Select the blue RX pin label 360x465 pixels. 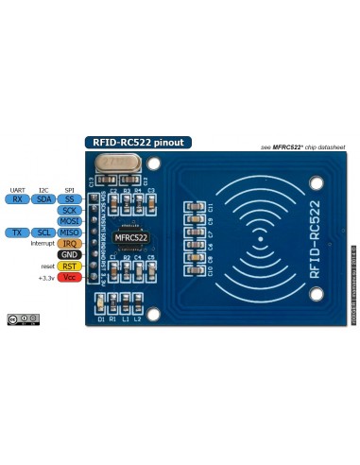17,199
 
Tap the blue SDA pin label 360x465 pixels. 43,199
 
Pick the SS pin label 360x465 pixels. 69,199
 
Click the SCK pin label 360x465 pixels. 69,210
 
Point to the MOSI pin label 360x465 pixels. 69,221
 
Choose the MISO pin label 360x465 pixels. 69,232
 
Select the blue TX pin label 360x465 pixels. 17,232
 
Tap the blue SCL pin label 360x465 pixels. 43,232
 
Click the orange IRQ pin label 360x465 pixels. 69,244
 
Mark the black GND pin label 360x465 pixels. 69,255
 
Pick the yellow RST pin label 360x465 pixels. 69,267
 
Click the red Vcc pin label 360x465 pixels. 69,278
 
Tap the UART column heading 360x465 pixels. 17,190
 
